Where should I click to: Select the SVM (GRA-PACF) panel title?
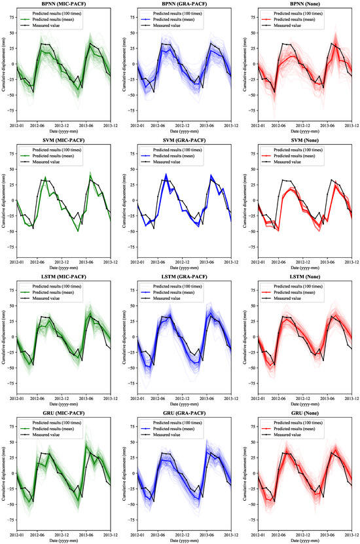185,141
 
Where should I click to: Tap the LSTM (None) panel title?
305,278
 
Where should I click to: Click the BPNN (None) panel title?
305,5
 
